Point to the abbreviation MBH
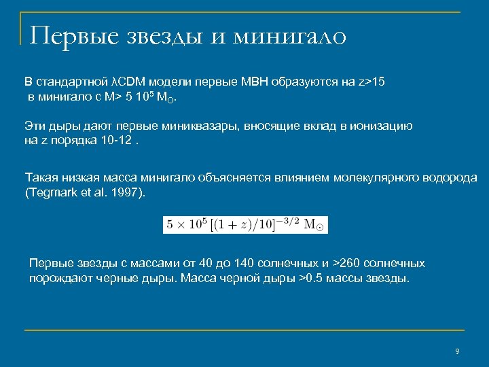pos(255,82)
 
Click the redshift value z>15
pos(372,82)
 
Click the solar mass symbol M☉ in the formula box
pos(312,225)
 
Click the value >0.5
pos(313,279)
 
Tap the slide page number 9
pos(457,351)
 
